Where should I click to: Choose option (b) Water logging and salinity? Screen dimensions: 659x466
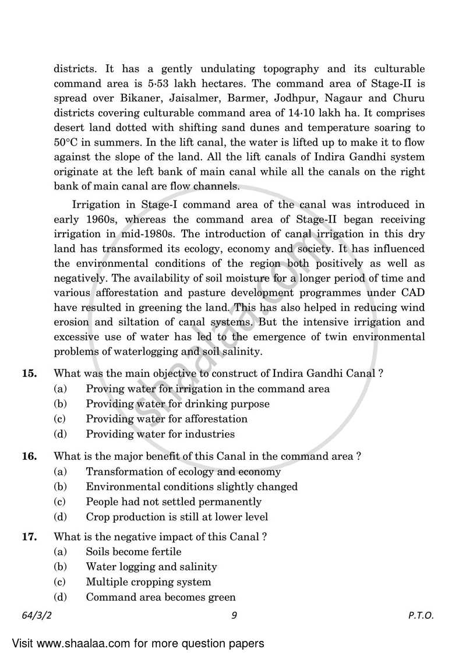(151, 566)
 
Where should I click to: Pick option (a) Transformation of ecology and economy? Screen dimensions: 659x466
(183, 471)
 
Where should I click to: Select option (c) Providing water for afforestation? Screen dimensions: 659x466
(166, 419)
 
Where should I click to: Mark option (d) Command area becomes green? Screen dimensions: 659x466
(160, 597)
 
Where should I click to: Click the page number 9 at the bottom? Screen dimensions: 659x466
(233, 615)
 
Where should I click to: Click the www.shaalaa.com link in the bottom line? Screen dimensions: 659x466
(78, 644)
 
